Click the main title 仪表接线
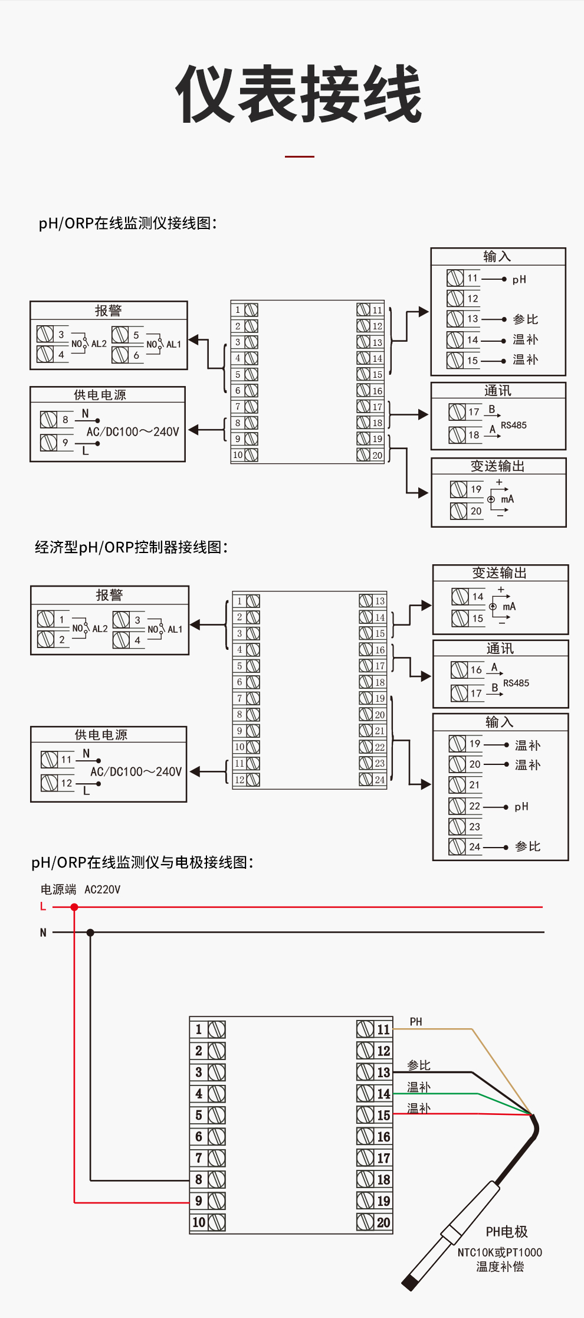tap(299, 94)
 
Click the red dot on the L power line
tap(74, 907)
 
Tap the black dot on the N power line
tap(90, 933)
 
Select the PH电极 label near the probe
tap(506, 1231)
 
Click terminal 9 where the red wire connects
tap(208, 1201)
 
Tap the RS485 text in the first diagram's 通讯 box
tap(513, 425)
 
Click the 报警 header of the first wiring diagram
tap(109, 310)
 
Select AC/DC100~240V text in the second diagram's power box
tap(136, 771)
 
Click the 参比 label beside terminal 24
tap(527, 846)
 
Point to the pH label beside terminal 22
tap(521, 806)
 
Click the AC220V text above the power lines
tap(102, 889)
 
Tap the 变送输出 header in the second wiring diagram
tap(499, 573)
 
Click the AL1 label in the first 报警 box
tap(173, 344)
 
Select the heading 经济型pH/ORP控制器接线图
tap(131, 547)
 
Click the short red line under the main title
tap(299, 156)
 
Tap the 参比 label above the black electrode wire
tap(419, 1065)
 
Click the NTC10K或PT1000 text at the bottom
tap(500, 1252)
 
